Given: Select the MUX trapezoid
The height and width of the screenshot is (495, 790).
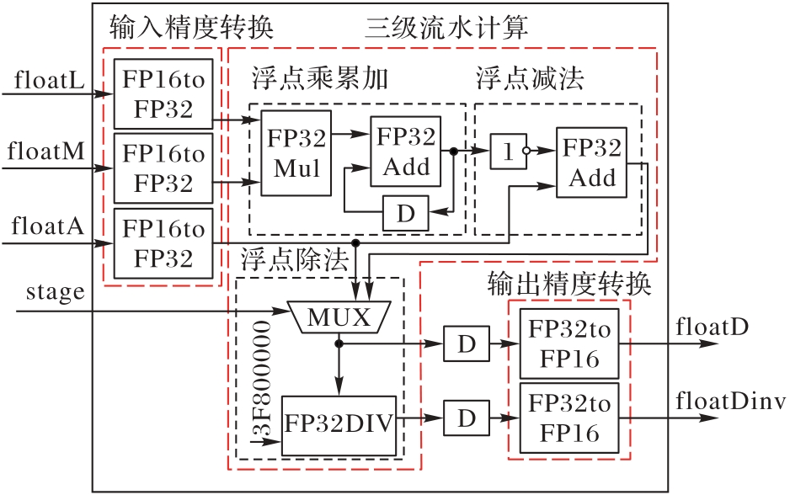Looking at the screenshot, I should click(x=338, y=317).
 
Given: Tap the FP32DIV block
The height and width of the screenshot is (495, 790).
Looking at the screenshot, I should click(x=339, y=423).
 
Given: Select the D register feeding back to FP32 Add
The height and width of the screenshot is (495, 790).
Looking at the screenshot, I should click(x=406, y=213).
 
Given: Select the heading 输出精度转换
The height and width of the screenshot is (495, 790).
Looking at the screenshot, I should click(x=570, y=285).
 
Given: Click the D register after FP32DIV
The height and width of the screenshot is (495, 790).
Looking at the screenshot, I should click(x=466, y=415).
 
